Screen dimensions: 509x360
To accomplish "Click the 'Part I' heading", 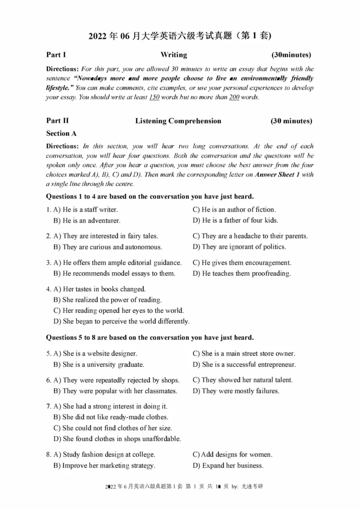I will point(56,55).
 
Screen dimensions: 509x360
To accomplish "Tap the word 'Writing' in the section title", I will point(174,55).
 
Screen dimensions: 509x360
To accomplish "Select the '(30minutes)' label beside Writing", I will point(291,55).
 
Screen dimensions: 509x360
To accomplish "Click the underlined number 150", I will point(154,98).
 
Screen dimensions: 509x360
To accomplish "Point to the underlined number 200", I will point(234,98).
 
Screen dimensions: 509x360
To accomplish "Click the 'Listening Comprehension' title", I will point(178,121).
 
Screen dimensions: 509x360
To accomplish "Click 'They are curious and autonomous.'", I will point(108,247).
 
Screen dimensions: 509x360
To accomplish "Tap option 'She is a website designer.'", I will point(95,354).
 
